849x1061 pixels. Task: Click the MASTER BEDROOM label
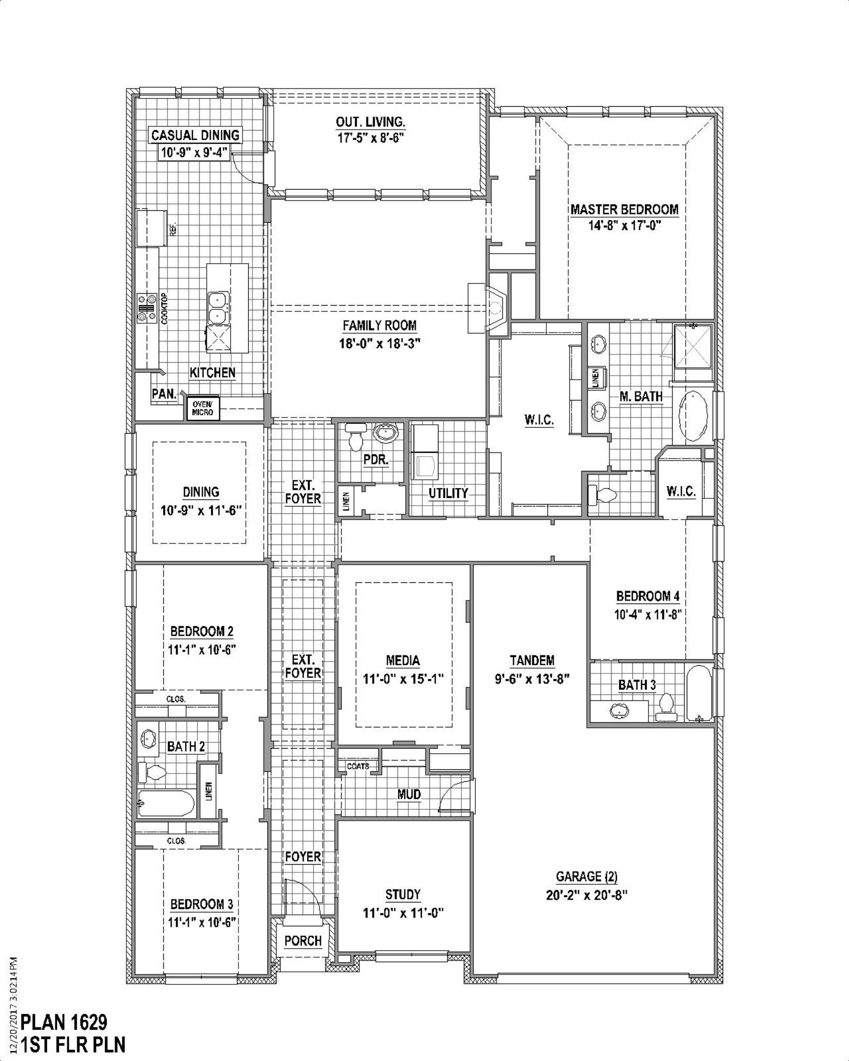pyautogui.click(x=624, y=209)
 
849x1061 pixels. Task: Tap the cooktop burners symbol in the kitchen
pyautogui.click(x=147, y=308)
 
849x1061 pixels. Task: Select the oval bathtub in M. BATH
pyautogui.click(x=692, y=417)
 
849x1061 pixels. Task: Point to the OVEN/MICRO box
pyautogui.click(x=203, y=408)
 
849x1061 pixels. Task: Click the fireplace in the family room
pyautogui.click(x=489, y=309)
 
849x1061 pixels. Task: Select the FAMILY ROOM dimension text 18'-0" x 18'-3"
pyautogui.click(x=379, y=343)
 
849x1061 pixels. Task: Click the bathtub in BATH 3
pyautogui.click(x=700, y=693)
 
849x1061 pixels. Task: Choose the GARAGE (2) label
pyautogui.click(x=587, y=877)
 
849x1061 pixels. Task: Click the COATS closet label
pyautogui.click(x=358, y=766)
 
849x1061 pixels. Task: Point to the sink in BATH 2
pyautogui.click(x=149, y=738)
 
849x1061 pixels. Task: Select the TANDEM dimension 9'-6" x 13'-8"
pyautogui.click(x=532, y=679)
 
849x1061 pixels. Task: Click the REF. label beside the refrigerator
pyautogui.click(x=173, y=228)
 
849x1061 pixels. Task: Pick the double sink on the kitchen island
pyautogui.click(x=218, y=307)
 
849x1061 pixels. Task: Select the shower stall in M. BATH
pyautogui.click(x=692, y=346)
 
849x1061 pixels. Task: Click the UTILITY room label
pyautogui.click(x=448, y=493)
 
